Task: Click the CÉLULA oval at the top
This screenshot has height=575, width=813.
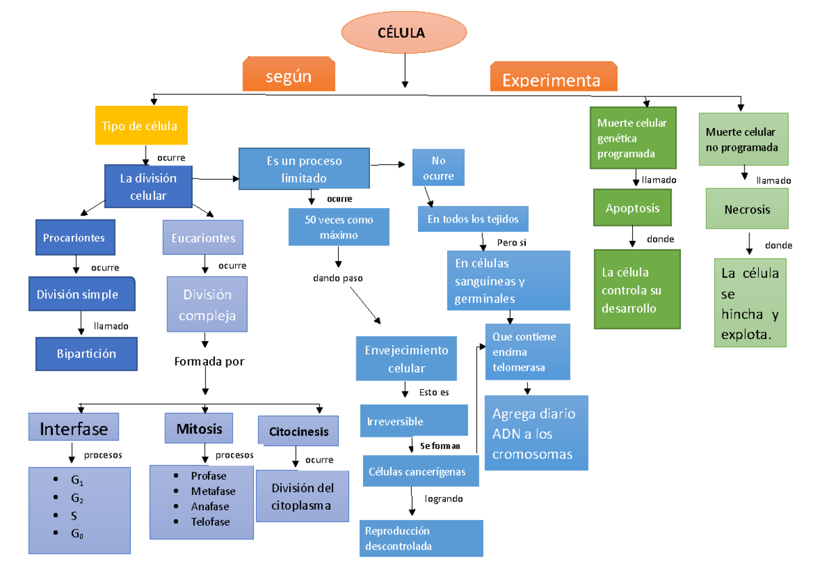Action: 404,33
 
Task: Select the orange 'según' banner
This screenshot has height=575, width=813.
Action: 289,76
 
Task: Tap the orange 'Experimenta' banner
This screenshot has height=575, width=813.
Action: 552,79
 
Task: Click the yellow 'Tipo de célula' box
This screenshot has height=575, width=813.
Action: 140,125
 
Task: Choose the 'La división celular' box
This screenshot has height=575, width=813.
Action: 148,186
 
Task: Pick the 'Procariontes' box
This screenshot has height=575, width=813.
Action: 75,237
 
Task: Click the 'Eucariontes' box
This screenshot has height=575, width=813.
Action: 203,237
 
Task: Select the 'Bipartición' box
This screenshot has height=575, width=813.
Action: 86,353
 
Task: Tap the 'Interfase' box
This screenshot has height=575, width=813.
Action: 74,429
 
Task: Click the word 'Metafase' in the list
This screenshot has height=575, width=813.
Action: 213,491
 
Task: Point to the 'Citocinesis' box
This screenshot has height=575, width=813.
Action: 298,431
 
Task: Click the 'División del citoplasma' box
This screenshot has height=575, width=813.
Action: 302,496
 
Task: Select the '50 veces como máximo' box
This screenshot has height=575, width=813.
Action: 339,227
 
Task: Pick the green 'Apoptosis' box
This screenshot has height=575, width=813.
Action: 633,208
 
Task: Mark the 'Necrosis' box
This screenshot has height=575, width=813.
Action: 747,210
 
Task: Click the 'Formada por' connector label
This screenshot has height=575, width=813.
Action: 209,361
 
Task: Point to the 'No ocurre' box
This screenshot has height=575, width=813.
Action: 438,168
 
